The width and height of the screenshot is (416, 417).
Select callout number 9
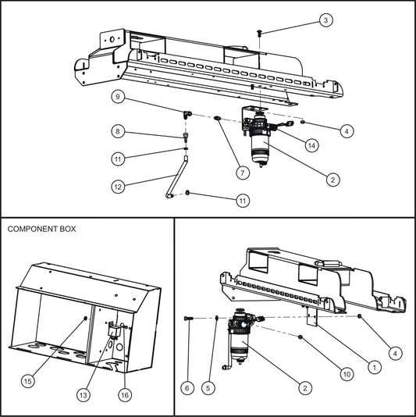coord(116,98)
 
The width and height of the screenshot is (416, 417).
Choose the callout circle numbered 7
coord(244,171)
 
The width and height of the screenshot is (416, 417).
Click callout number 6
coord(187,386)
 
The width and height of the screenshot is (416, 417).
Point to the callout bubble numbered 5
coord(208,386)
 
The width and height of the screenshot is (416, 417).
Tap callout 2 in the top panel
coord(333,180)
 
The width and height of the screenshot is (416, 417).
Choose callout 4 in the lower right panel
coord(396,354)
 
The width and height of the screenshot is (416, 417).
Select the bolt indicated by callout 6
coord(187,318)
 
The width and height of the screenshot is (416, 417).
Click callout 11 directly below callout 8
coord(116,159)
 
